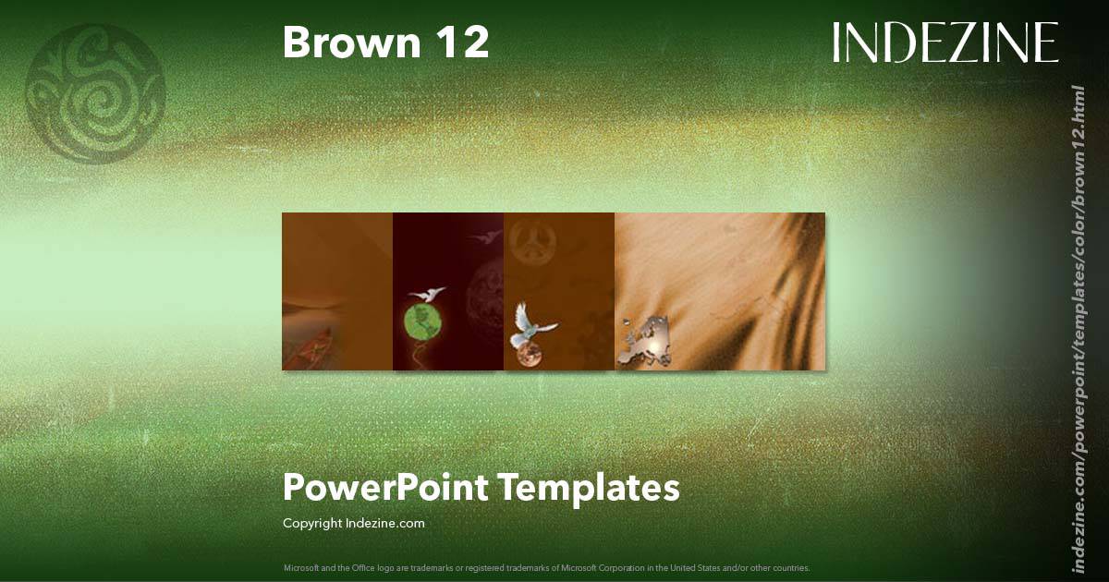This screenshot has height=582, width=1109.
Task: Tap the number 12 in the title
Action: [464, 42]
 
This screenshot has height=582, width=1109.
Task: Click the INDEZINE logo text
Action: [944, 42]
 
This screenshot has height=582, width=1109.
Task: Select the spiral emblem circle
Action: [95, 93]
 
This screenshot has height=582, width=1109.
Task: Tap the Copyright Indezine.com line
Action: [353, 523]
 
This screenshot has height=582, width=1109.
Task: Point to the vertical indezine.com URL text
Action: [1078, 328]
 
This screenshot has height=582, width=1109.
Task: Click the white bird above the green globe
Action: [426, 294]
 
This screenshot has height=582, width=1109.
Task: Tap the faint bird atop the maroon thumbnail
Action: [478, 238]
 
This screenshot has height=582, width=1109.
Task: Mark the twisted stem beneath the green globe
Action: [424, 356]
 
